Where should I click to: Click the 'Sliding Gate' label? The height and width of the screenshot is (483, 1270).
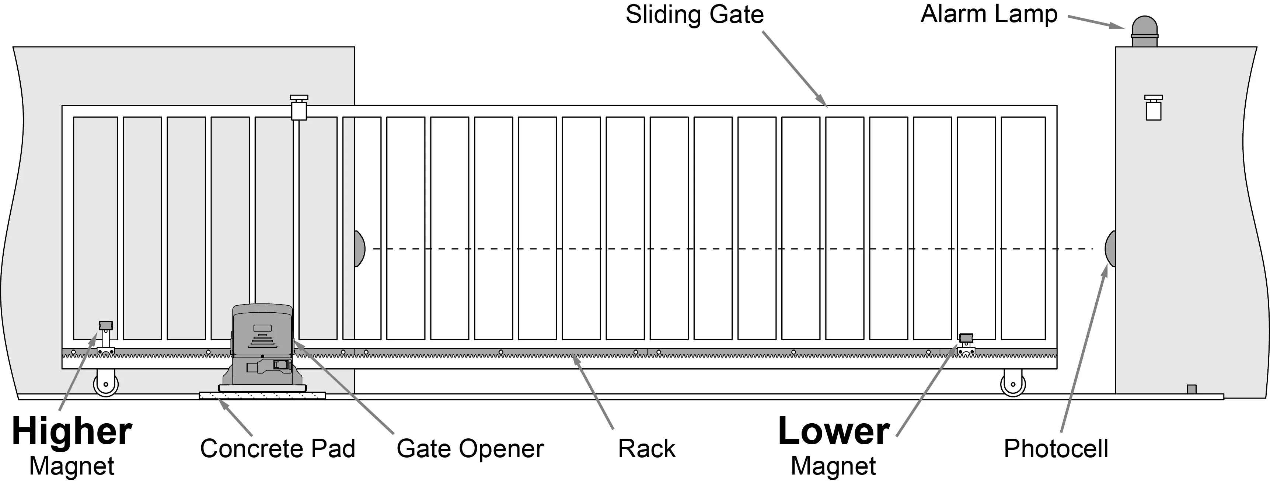(x=694, y=15)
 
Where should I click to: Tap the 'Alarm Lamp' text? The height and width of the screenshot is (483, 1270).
(x=989, y=14)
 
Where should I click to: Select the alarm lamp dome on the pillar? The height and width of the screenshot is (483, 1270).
(x=1144, y=31)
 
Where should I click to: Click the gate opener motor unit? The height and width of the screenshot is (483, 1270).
(x=262, y=347)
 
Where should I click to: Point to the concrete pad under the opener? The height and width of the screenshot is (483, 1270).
(x=262, y=396)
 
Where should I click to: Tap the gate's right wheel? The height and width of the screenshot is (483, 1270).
(x=1013, y=383)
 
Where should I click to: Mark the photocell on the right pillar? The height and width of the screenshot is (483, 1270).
(x=1110, y=249)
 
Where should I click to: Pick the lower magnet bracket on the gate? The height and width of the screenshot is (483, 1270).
(x=966, y=344)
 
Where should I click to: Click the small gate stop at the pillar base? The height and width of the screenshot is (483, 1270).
(x=1192, y=389)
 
